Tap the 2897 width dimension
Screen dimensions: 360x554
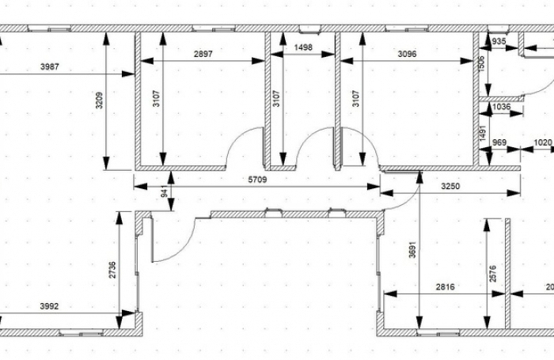coord(203,55)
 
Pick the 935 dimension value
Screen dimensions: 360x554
coord(499,40)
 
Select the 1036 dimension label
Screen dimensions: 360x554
coord(501,107)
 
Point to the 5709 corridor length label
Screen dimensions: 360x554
coord(259,180)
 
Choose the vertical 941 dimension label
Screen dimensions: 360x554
coord(164,192)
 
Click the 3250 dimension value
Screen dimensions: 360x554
coord(450,187)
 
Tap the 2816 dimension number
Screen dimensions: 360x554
coord(445,287)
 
